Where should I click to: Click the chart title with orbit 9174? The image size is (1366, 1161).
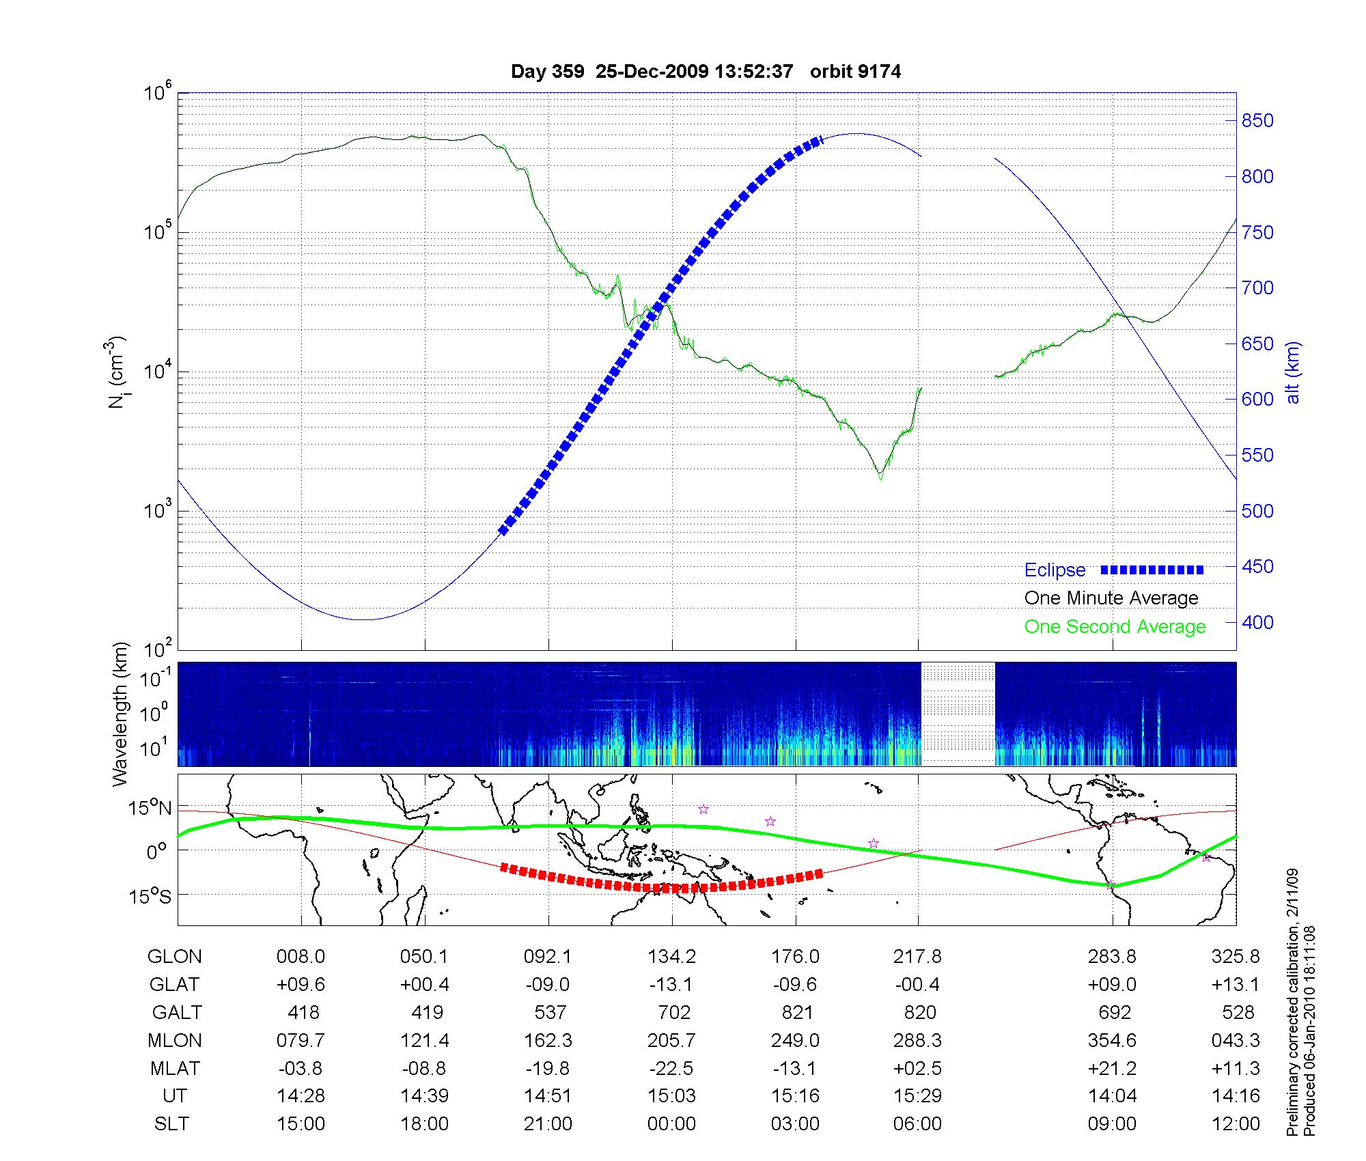pos(706,72)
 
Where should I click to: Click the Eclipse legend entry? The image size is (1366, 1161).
pos(1055,570)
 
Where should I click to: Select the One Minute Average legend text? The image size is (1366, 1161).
pos(1111,598)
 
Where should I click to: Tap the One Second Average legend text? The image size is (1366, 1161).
pos(1115,627)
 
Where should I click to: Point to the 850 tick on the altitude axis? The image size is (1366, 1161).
pos(1257,121)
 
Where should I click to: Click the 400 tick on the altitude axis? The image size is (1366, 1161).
pos(1257,622)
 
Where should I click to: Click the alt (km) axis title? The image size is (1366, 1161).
pos(1293,372)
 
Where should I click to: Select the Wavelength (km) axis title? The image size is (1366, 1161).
pos(120,714)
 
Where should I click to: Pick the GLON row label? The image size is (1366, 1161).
pos(174,957)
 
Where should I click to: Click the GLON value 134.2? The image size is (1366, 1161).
pos(671,957)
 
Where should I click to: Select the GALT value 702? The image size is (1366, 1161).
pos(673,1012)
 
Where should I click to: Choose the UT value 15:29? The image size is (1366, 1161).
pos(917,1096)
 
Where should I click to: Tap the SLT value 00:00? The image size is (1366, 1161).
pos(671,1124)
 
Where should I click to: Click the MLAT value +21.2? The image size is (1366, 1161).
pos(1112,1068)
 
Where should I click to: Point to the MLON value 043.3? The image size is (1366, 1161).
pos(1236,1040)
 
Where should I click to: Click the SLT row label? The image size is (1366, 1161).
pos(171,1124)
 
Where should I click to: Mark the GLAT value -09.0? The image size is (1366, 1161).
pos(548,985)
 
